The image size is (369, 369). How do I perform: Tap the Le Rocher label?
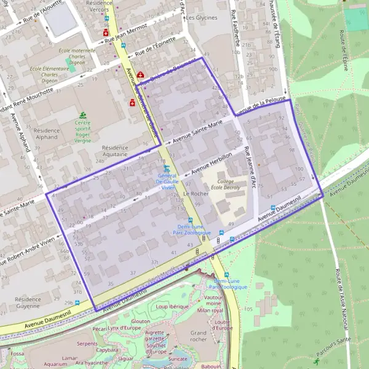[196, 194]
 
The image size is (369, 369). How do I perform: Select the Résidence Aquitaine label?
[115, 152]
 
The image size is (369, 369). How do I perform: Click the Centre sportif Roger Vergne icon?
[83, 115]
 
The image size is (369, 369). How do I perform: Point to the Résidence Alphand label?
[47, 135]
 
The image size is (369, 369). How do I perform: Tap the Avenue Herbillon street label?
[212, 162]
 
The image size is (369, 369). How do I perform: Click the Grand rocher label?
[198, 336]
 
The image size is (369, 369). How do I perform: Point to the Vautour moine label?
[213, 300]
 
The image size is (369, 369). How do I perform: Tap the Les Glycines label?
[202, 18]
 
